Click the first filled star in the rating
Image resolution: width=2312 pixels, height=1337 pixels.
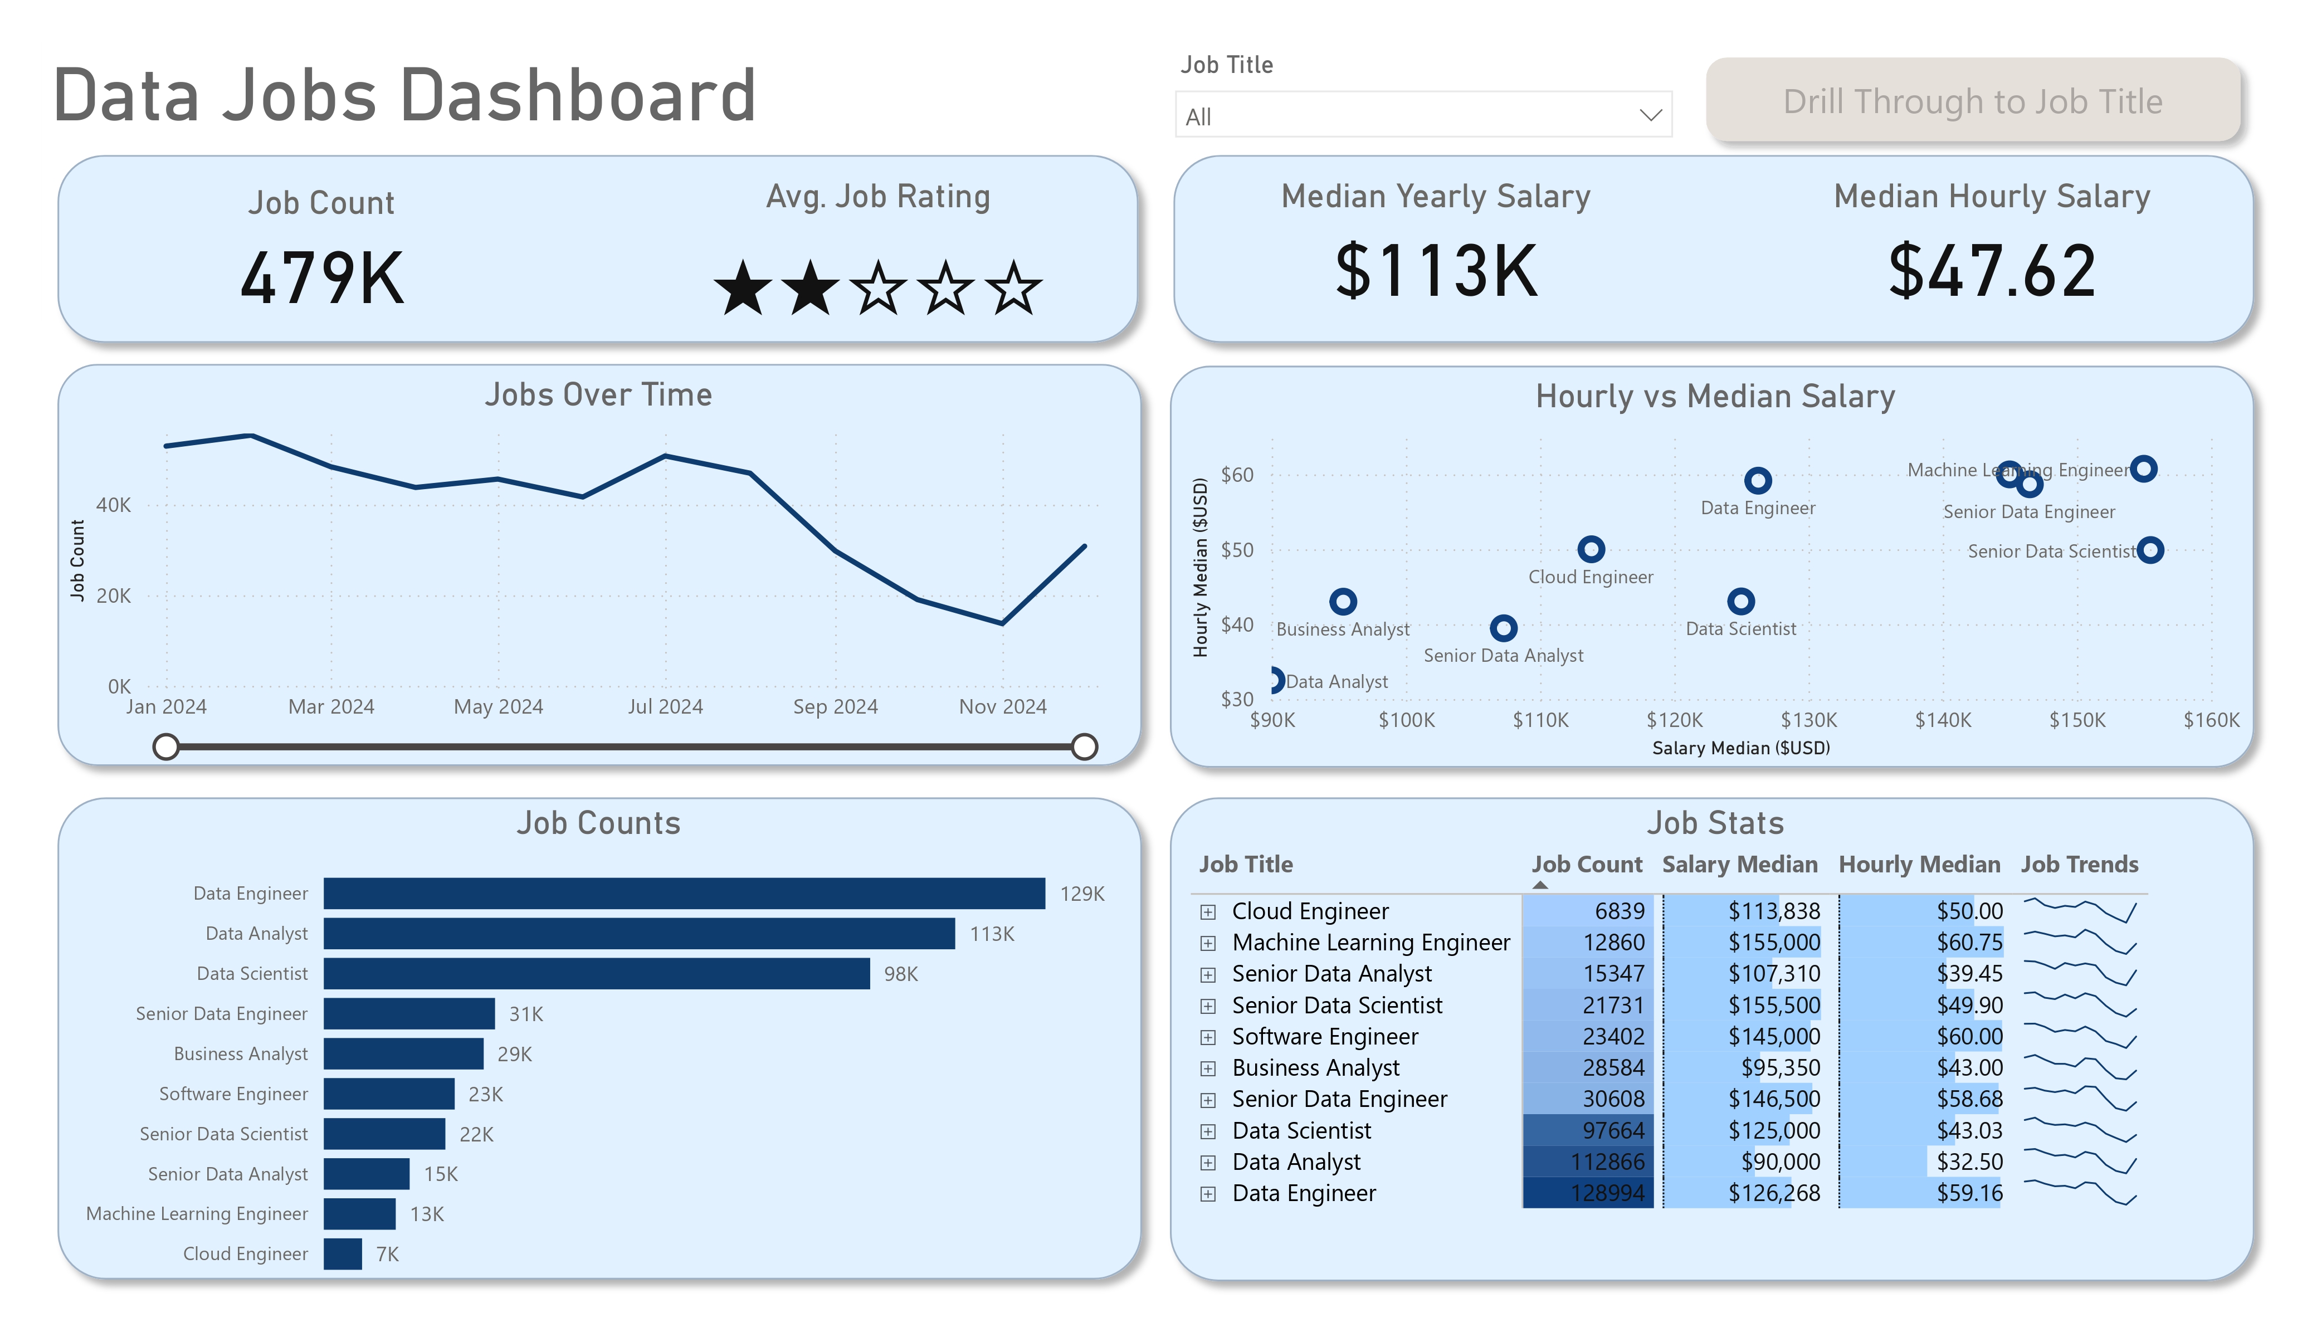click(x=742, y=288)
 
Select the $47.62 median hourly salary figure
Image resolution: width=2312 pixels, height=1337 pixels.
click(x=1992, y=272)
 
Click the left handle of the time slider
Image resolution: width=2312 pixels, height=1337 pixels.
click(x=166, y=747)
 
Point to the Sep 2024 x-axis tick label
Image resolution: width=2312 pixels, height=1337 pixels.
click(x=835, y=706)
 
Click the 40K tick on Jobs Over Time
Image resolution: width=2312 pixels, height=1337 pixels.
click(x=114, y=505)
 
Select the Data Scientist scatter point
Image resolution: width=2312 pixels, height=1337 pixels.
click(x=1740, y=602)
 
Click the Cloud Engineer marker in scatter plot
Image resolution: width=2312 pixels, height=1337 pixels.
click(x=1591, y=550)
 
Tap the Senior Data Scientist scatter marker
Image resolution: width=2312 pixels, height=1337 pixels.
click(x=2150, y=550)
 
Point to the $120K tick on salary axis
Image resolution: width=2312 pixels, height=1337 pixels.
click(x=1674, y=720)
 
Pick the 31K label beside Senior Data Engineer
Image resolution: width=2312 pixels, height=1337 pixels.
click(x=526, y=1014)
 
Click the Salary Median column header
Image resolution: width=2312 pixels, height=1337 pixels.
click(x=1739, y=865)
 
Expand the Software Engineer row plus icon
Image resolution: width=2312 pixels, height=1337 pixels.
click(x=1208, y=1038)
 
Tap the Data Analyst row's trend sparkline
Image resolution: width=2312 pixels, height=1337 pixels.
click(x=2080, y=1162)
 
